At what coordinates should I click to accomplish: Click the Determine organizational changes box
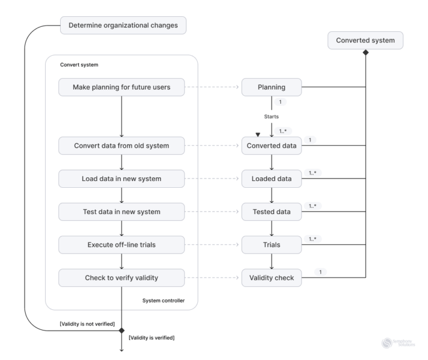click(123, 26)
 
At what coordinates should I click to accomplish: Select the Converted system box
click(366, 41)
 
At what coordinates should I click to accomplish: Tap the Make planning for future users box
click(121, 87)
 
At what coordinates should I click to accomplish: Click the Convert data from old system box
click(121, 147)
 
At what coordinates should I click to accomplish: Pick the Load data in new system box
click(121, 179)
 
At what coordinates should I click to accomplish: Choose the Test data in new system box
click(121, 211)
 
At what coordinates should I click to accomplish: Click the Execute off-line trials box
click(121, 244)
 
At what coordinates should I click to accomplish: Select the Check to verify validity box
click(121, 277)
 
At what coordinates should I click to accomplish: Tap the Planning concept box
click(271, 87)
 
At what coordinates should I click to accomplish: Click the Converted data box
click(271, 147)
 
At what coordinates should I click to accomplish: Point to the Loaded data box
click(271, 179)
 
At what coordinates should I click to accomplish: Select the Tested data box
click(271, 211)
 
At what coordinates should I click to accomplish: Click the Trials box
click(271, 244)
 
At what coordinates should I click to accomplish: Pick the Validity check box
click(271, 277)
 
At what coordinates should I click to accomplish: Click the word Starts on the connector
click(271, 118)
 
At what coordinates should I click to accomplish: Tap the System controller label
click(163, 301)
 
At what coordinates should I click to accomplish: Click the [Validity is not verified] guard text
click(87, 324)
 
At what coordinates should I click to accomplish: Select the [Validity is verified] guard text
click(152, 338)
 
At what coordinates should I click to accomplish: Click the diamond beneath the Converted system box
click(366, 52)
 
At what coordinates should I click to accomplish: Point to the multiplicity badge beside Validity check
click(320, 271)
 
